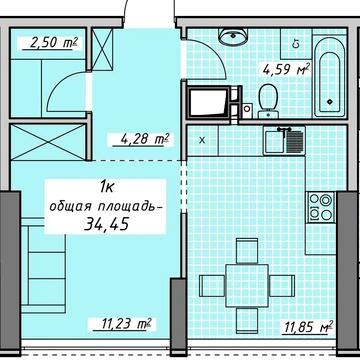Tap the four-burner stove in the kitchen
click(321, 207)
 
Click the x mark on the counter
click(203, 139)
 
